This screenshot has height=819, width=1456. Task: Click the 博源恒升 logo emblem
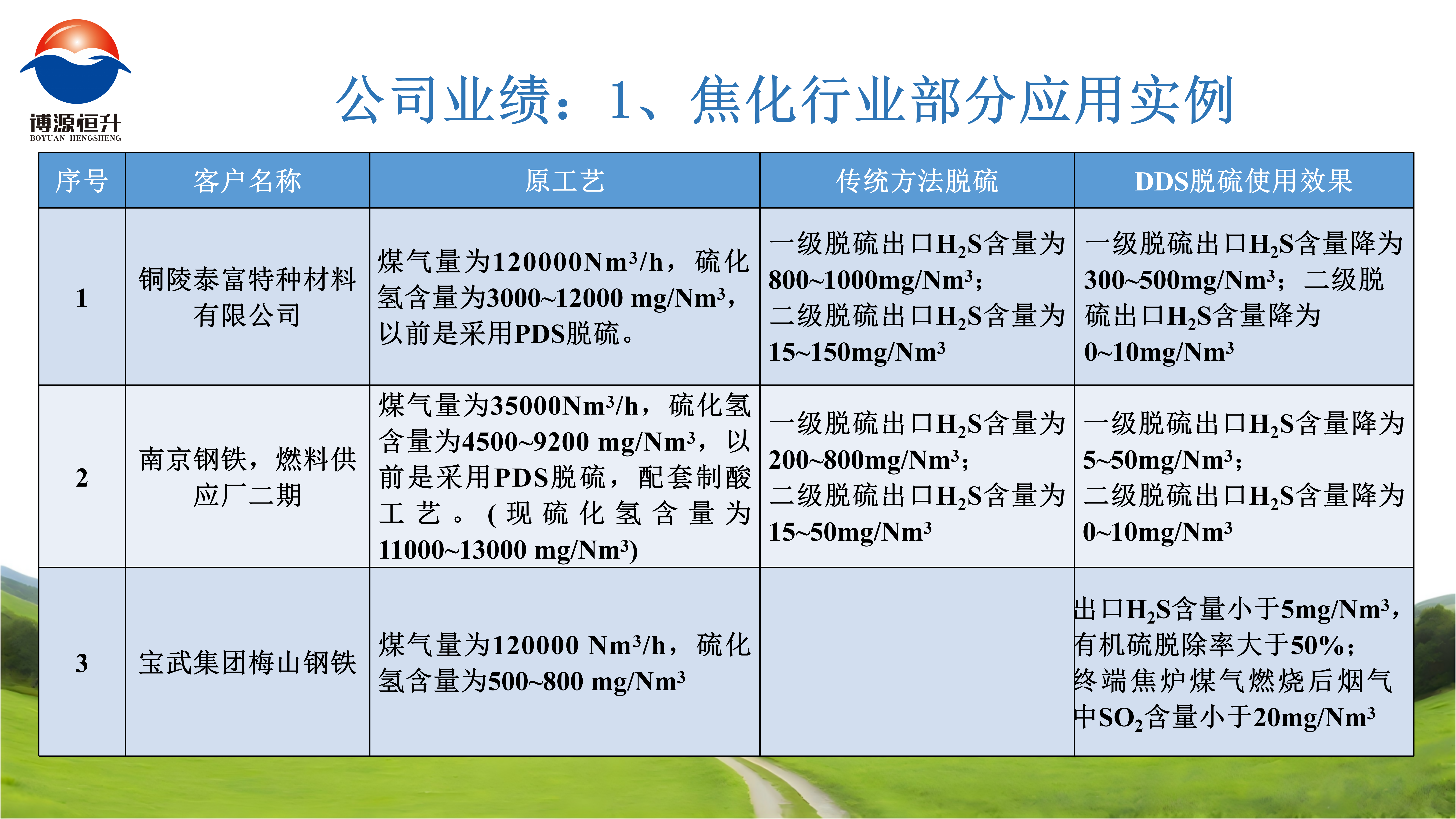pos(76,62)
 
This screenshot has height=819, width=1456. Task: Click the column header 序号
pos(82,181)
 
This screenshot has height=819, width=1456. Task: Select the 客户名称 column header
pos(248,181)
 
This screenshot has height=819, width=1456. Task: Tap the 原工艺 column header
pos(565,181)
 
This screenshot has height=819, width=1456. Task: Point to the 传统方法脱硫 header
pos(917,181)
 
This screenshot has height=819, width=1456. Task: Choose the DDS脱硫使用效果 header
pos(1243,181)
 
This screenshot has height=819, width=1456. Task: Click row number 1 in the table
pos(82,298)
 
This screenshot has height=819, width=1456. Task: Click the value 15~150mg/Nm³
pos(857,352)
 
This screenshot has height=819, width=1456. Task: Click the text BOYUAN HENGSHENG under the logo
pos(76,138)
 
